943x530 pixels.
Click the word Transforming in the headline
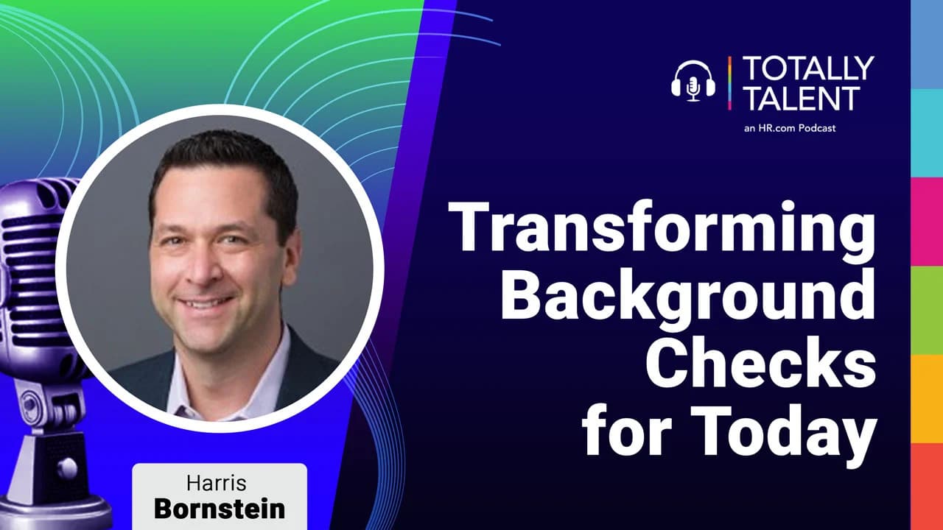pos(662,232)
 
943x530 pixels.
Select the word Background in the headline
pos(688,298)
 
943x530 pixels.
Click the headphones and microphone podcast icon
pos(693,82)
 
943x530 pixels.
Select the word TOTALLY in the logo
pos(808,68)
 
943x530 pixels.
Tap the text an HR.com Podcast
pos(789,128)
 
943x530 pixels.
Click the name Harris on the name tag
pos(217,483)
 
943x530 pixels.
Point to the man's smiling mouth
pos(205,302)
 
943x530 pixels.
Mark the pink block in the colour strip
pos(927,222)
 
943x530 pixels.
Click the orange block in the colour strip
pos(927,399)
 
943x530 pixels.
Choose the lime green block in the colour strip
pos(927,310)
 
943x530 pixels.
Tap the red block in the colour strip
pos(927,487)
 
